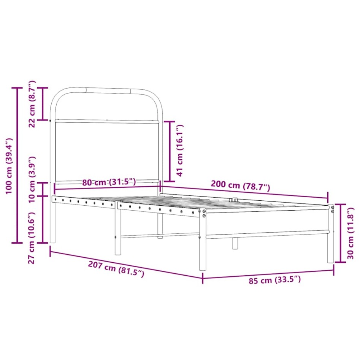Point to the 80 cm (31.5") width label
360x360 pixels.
click(x=109, y=182)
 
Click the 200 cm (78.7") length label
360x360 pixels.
click(x=240, y=186)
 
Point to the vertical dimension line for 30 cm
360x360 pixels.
click(x=340, y=233)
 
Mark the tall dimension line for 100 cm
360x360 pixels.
click(x=17, y=165)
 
